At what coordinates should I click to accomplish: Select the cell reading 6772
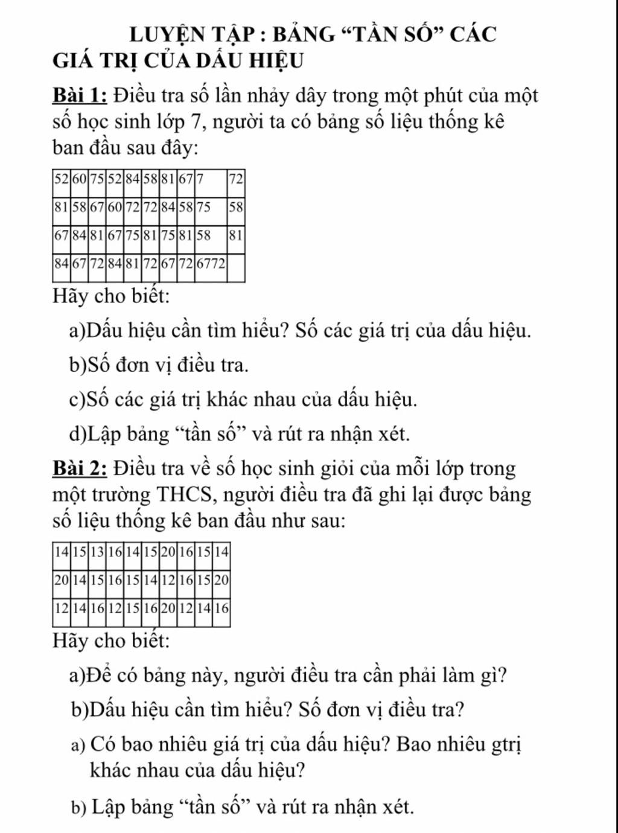click(x=210, y=264)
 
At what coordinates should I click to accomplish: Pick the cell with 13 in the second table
click(x=97, y=552)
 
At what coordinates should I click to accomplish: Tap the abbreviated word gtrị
click(x=506, y=745)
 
